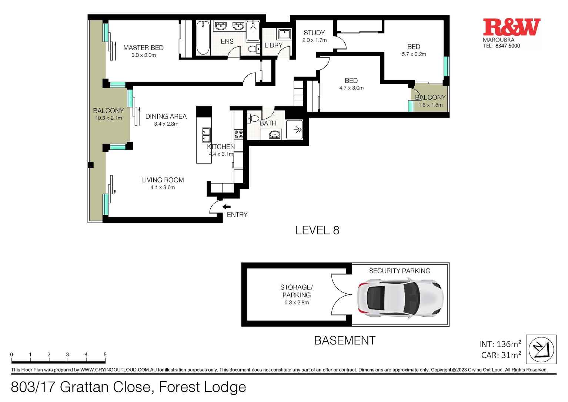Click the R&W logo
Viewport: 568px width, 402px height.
511,27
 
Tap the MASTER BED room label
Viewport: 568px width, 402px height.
143,48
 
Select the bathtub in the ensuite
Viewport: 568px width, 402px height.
203,38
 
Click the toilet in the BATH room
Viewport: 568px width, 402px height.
254,119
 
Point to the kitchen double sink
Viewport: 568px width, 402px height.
206,135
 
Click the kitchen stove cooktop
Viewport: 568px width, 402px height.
238,134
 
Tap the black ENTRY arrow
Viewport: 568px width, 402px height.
226,207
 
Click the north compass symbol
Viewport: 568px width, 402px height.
541,349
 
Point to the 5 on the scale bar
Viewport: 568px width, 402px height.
105,355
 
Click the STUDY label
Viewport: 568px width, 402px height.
314,33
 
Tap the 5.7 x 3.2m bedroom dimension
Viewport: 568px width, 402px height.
414,54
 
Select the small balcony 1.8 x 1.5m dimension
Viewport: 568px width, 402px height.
430,105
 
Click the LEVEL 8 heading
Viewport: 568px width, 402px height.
317,230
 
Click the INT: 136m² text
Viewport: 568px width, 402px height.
500,344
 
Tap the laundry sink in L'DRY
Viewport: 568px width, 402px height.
284,34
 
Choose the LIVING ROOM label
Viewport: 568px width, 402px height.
163,180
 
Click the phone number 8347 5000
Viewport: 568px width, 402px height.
507,46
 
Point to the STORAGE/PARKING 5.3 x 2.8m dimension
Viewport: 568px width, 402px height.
296,303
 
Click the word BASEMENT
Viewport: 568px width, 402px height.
344,340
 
